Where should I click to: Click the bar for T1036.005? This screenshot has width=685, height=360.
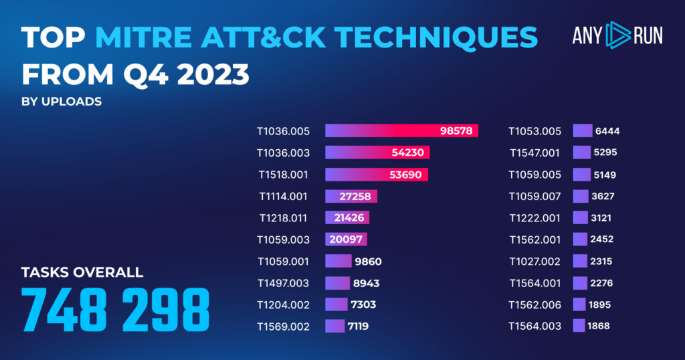point(401,130)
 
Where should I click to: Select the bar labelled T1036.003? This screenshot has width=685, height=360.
point(377,152)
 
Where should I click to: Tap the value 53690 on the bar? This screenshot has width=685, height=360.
point(407,174)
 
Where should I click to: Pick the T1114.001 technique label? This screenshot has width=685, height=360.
point(284,196)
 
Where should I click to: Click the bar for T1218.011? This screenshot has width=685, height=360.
point(347,217)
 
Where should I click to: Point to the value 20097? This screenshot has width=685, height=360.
point(347,240)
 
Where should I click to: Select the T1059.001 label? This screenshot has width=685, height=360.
point(284,261)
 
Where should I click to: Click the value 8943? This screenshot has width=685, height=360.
point(366,283)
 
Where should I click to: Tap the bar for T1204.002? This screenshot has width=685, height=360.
point(336,304)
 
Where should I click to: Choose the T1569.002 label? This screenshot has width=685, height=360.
point(284,327)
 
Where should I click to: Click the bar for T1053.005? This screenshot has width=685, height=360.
point(583,130)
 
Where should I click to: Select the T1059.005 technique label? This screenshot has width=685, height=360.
point(535,174)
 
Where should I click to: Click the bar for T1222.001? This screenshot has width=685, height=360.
point(580,217)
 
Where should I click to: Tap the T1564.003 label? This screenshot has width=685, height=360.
point(535,327)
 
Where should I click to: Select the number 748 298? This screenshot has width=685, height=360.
point(116,307)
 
